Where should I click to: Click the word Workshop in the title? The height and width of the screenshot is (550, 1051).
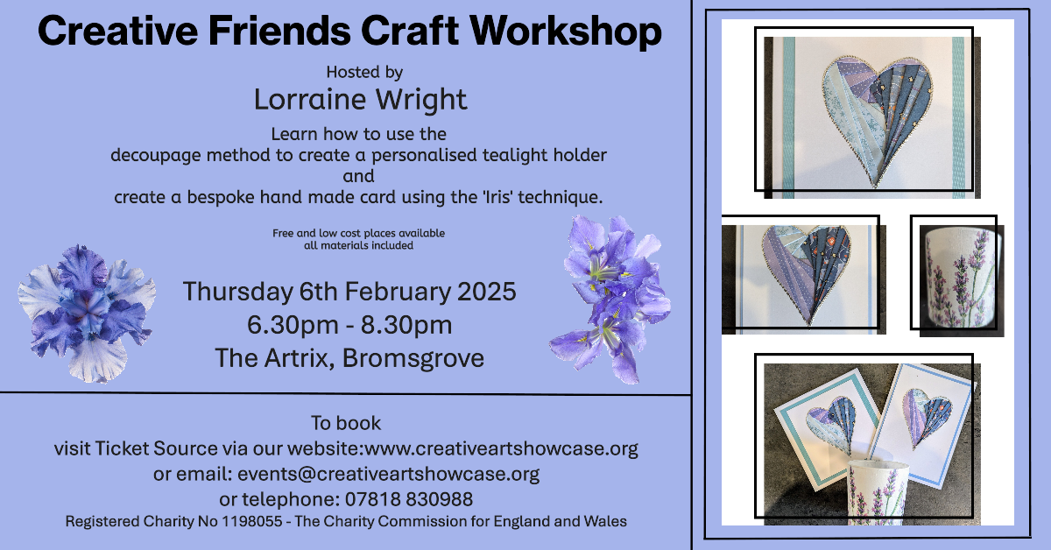[x=566, y=31]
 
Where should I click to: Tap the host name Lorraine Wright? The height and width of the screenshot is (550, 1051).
[x=360, y=100]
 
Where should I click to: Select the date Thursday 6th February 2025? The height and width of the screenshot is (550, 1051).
[x=349, y=291]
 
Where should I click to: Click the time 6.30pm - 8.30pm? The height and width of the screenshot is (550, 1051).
[x=349, y=325]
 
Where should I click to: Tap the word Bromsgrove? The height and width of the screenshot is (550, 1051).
[x=413, y=358]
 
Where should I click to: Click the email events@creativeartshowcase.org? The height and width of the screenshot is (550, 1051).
[x=389, y=474]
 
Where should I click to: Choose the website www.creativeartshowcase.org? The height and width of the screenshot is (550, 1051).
[x=501, y=448]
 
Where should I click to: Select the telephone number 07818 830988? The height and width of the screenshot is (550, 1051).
[x=409, y=499]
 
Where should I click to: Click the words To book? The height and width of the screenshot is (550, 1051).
[x=346, y=423]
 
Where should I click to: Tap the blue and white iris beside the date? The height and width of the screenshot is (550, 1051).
[x=87, y=314]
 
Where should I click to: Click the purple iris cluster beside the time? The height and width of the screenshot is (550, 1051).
[x=611, y=300]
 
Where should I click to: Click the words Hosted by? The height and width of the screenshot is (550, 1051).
[x=364, y=73]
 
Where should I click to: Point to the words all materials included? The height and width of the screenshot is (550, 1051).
[x=358, y=245]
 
